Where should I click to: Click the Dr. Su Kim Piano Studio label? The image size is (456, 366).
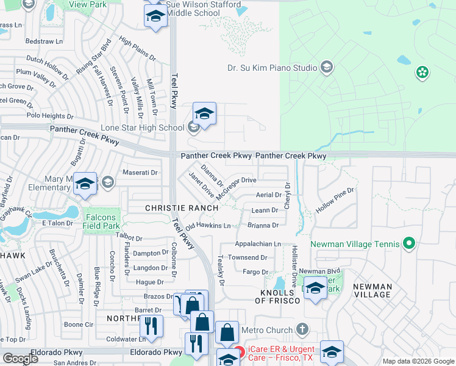[x=272, y=68]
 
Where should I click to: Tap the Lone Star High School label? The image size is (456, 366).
[x=142, y=127]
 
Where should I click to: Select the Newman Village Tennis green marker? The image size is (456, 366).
[x=410, y=245]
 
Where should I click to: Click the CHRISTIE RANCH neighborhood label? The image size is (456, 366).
[x=182, y=208]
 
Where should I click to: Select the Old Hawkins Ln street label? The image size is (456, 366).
[x=208, y=226]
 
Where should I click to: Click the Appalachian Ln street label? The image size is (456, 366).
[x=257, y=243]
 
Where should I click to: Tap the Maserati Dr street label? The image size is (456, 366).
[x=140, y=173]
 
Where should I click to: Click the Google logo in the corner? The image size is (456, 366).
[x=20, y=359]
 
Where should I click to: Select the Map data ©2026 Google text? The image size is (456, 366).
[x=418, y=361]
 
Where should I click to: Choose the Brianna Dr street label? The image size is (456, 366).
[x=263, y=225]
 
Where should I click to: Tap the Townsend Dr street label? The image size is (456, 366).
[x=248, y=257]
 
